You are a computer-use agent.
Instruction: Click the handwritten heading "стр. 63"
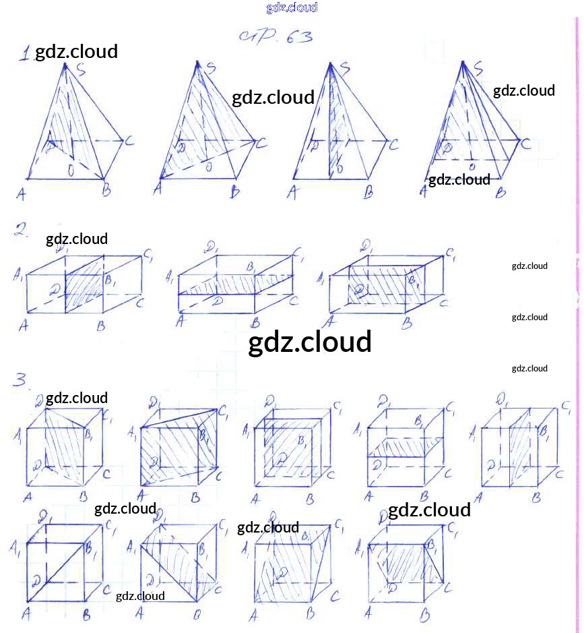[275, 37]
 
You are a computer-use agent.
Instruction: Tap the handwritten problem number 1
[25, 54]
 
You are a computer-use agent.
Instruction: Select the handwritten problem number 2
[21, 231]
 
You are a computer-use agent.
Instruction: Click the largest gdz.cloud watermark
[310, 342]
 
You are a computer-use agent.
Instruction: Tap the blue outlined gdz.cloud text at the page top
[292, 8]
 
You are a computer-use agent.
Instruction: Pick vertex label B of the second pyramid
[235, 193]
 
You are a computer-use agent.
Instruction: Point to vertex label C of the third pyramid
[394, 144]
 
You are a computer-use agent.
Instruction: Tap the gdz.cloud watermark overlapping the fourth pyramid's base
[459, 179]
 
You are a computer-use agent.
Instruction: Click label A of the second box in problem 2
[180, 322]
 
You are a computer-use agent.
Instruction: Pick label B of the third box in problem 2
[407, 324]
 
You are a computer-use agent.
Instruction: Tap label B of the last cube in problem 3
[425, 616]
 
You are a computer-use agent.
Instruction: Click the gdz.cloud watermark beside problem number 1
[76, 51]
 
